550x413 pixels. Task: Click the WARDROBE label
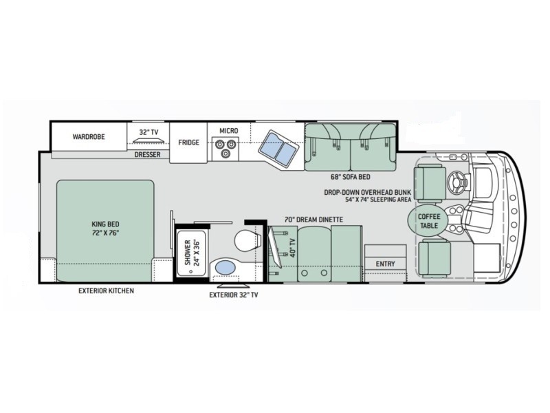point(89,136)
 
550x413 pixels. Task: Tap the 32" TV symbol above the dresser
point(148,140)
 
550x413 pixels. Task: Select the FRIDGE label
point(188,142)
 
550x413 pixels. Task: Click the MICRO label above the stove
point(229,131)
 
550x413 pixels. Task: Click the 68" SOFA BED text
point(350,177)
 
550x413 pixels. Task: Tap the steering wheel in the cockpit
point(457,181)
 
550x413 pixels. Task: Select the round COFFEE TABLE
point(428,220)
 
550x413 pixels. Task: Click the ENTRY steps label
point(385,264)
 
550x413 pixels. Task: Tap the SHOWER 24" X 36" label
point(192,253)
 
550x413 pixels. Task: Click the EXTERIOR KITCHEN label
point(106,290)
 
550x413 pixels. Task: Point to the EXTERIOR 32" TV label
point(234,295)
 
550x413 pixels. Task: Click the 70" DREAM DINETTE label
point(313,220)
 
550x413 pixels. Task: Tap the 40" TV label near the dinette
point(293,248)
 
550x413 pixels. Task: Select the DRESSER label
point(147,154)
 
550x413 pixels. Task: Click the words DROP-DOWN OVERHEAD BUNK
point(367,193)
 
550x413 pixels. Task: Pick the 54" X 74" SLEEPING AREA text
point(377,200)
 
